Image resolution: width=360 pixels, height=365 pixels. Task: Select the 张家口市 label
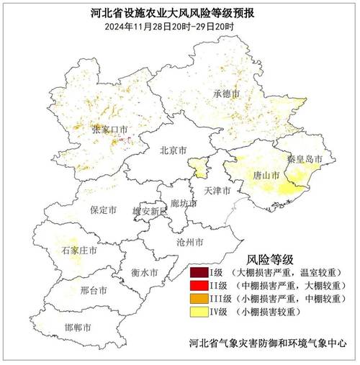108,130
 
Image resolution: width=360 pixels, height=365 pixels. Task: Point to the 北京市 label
173,150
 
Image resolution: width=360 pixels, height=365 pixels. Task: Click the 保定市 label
104,210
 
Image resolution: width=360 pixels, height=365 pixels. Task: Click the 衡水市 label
145,272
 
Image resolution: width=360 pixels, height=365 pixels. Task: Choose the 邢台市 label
94,290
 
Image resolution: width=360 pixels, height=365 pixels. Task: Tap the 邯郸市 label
78,328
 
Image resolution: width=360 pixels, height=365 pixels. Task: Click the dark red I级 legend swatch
199,274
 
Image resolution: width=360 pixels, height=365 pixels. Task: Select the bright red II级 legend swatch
199,287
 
